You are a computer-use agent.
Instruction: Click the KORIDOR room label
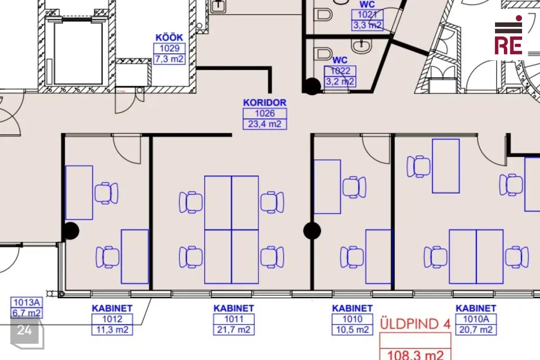264,103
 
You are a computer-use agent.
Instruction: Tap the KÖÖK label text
169,38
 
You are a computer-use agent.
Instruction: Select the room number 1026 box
264,113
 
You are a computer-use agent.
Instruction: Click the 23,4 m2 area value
264,124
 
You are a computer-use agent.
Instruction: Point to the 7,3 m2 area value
169,59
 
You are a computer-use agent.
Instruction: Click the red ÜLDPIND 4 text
415,324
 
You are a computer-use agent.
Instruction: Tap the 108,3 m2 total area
415,354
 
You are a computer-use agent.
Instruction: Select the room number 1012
112,319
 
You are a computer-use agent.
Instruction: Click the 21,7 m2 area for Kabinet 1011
234,330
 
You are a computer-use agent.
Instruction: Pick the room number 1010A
476,319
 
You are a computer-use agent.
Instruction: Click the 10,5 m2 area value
352,330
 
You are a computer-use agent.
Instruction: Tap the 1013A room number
27,303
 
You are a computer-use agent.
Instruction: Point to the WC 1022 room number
340,71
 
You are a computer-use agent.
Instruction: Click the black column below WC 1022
312,86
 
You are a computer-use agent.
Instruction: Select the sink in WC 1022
361,45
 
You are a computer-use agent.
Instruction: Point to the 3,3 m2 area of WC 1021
367,25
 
